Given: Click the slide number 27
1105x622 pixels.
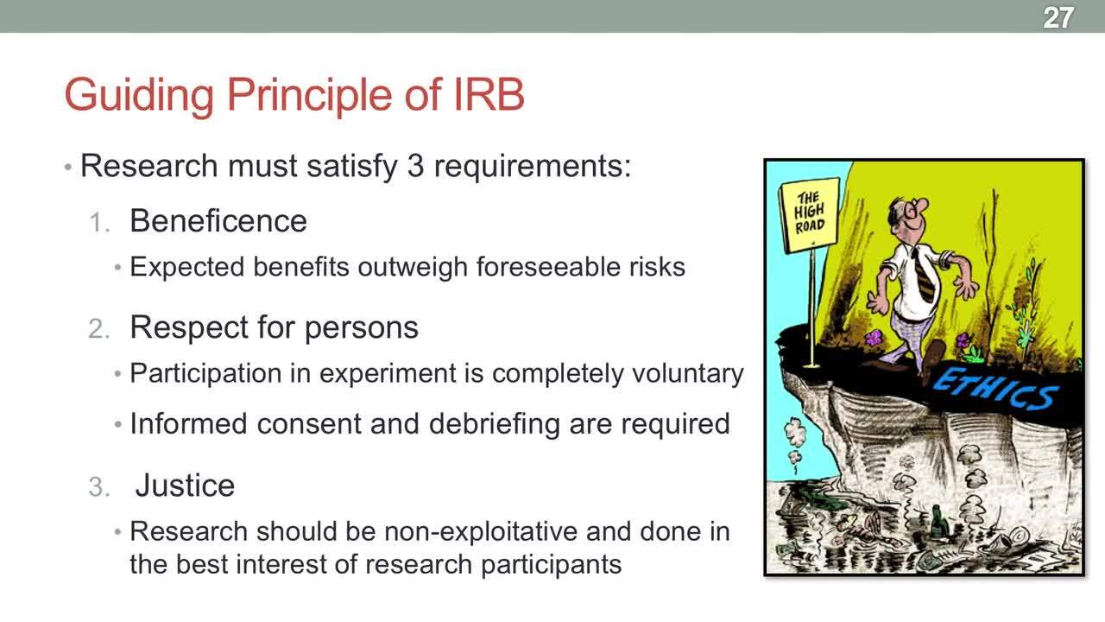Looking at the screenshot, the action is click(1058, 18).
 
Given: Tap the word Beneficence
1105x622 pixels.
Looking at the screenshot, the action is click(218, 220).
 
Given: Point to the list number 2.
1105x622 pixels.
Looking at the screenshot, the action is click(98, 329).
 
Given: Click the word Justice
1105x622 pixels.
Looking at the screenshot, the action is click(185, 486).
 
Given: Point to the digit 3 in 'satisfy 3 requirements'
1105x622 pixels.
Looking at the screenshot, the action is click(415, 166).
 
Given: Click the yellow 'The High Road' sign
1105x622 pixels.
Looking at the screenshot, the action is click(810, 216).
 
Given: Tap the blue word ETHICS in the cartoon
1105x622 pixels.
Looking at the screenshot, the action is click(995, 390).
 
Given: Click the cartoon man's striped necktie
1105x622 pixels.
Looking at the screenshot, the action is click(923, 277).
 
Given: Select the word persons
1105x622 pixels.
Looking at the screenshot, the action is click(361, 327).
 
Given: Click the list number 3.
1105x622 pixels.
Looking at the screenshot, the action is click(98, 486).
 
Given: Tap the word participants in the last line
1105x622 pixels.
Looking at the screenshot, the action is click(551, 566).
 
